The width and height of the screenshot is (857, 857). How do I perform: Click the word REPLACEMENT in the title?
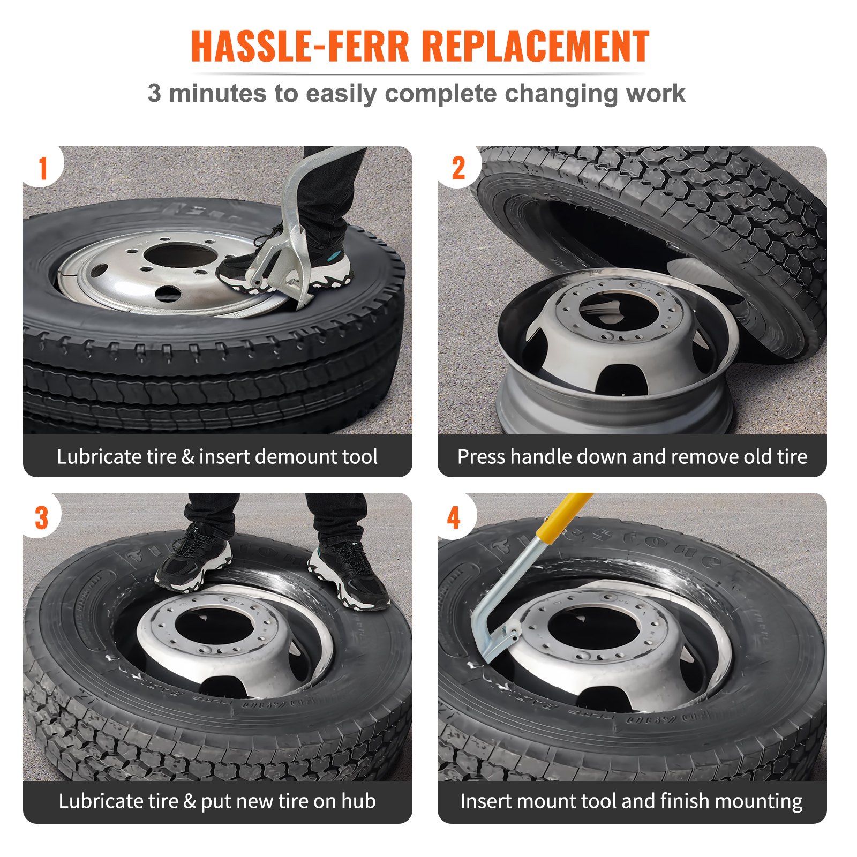pos(536,47)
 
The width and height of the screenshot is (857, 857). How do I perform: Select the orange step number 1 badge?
pos(43,168)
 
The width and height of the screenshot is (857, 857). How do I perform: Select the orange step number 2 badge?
pos(458,168)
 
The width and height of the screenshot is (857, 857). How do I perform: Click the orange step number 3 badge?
pos(42,518)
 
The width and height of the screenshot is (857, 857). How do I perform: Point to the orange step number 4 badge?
pos(454,518)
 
